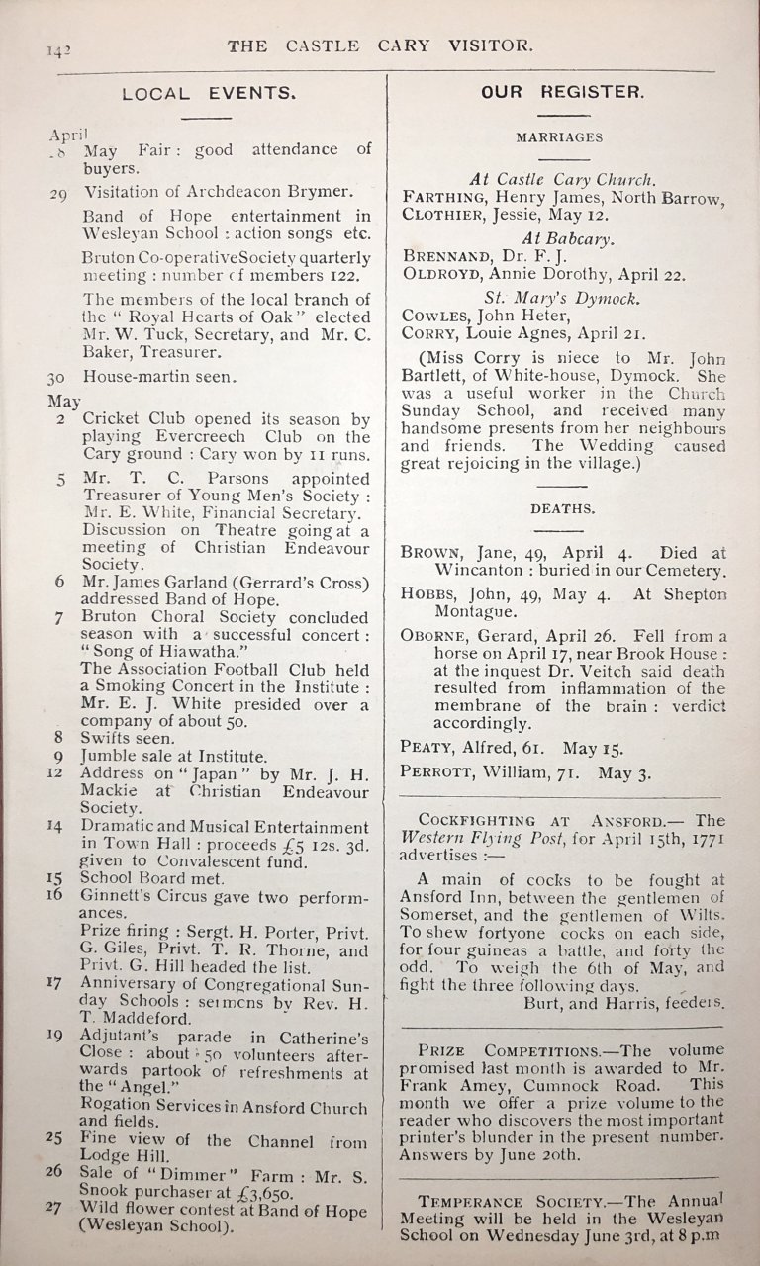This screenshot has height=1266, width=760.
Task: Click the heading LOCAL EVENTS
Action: (x=208, y=95)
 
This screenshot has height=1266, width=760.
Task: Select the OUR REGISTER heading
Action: (x=562, y=92)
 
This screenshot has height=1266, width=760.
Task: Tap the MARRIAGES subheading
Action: (x=559, y=137)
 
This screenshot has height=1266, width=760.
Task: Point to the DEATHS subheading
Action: (x=562, y=508)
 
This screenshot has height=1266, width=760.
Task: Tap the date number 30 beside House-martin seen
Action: (x=56, y=377)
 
